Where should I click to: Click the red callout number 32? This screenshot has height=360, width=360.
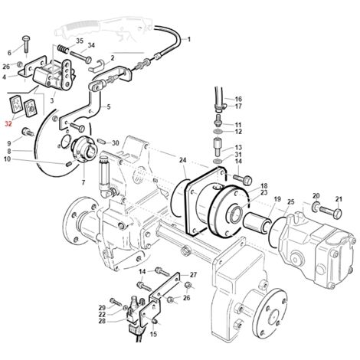click(x=8, y=124)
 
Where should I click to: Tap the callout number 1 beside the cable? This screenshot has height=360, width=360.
click(x=189, y=39)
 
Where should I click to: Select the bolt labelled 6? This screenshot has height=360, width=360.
click(x=26, y=44)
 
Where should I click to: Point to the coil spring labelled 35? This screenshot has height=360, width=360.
click(x=63, y=49)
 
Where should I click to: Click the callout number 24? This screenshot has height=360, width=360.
click(x=183, y=160)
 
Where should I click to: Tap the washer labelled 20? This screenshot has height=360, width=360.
click(x=316, y=207)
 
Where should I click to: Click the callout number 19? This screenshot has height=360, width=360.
click(x=277, y=199)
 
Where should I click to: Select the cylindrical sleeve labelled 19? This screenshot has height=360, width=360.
click(x=257, y=221)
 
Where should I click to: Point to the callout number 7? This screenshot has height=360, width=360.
click(x=83, y=182)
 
